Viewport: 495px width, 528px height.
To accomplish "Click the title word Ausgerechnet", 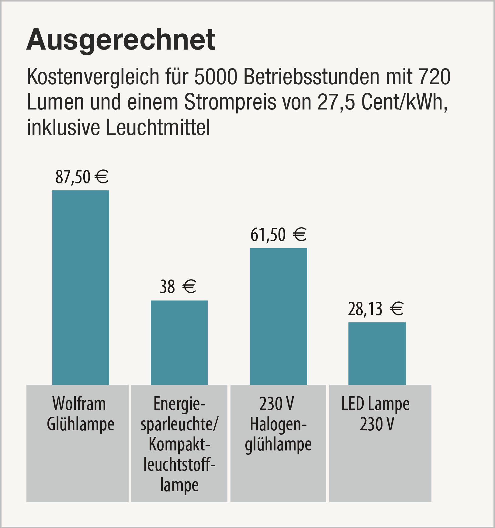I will point(121,40).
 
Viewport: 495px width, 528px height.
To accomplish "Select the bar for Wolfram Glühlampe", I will point(81,287).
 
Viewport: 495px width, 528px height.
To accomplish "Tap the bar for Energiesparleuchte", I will point(179,342).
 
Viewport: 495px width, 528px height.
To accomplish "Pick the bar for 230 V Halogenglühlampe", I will point(278,316).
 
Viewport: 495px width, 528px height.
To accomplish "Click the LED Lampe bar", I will point(377,353).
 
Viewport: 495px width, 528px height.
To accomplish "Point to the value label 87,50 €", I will point(81,177).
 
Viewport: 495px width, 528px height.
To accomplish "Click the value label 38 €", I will point(178,287).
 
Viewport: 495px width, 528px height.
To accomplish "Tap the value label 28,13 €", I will point(376,309).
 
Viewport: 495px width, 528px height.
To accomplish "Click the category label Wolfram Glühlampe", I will point(80,414).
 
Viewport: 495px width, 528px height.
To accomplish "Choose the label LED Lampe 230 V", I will point(376,414).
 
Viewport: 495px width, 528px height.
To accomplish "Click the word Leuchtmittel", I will point(158,128).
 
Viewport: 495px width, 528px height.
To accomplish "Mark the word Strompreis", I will point(230,103).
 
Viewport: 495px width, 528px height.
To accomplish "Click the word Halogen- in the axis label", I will point(278,425).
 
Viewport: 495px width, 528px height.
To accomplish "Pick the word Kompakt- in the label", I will point(179,445).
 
